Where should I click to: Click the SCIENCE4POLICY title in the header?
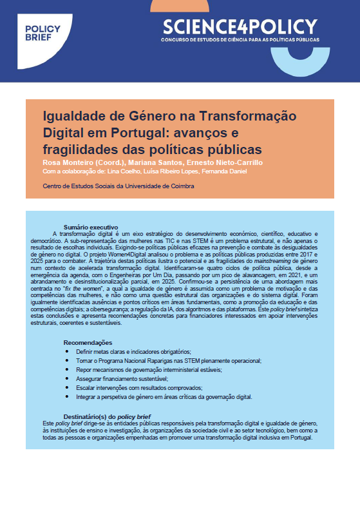(240, 26)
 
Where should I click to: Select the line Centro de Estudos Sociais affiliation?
(118, 186)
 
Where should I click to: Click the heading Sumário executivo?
(91, 228)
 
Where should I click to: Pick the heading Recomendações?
(88, 342)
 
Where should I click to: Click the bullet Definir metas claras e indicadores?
(133, 352)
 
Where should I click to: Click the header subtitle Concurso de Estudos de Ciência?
(240, 39)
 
